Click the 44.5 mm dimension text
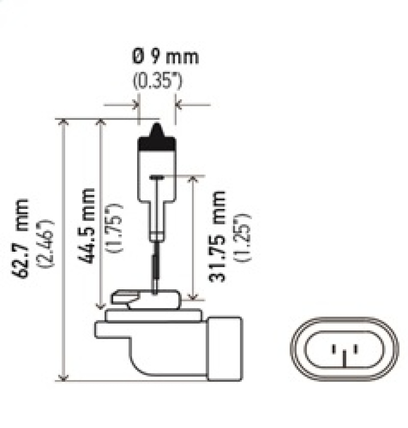pos(87,225)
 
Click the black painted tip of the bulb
pos(156,141)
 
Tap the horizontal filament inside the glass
pos(157,177)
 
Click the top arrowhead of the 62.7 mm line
pos(63,123)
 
